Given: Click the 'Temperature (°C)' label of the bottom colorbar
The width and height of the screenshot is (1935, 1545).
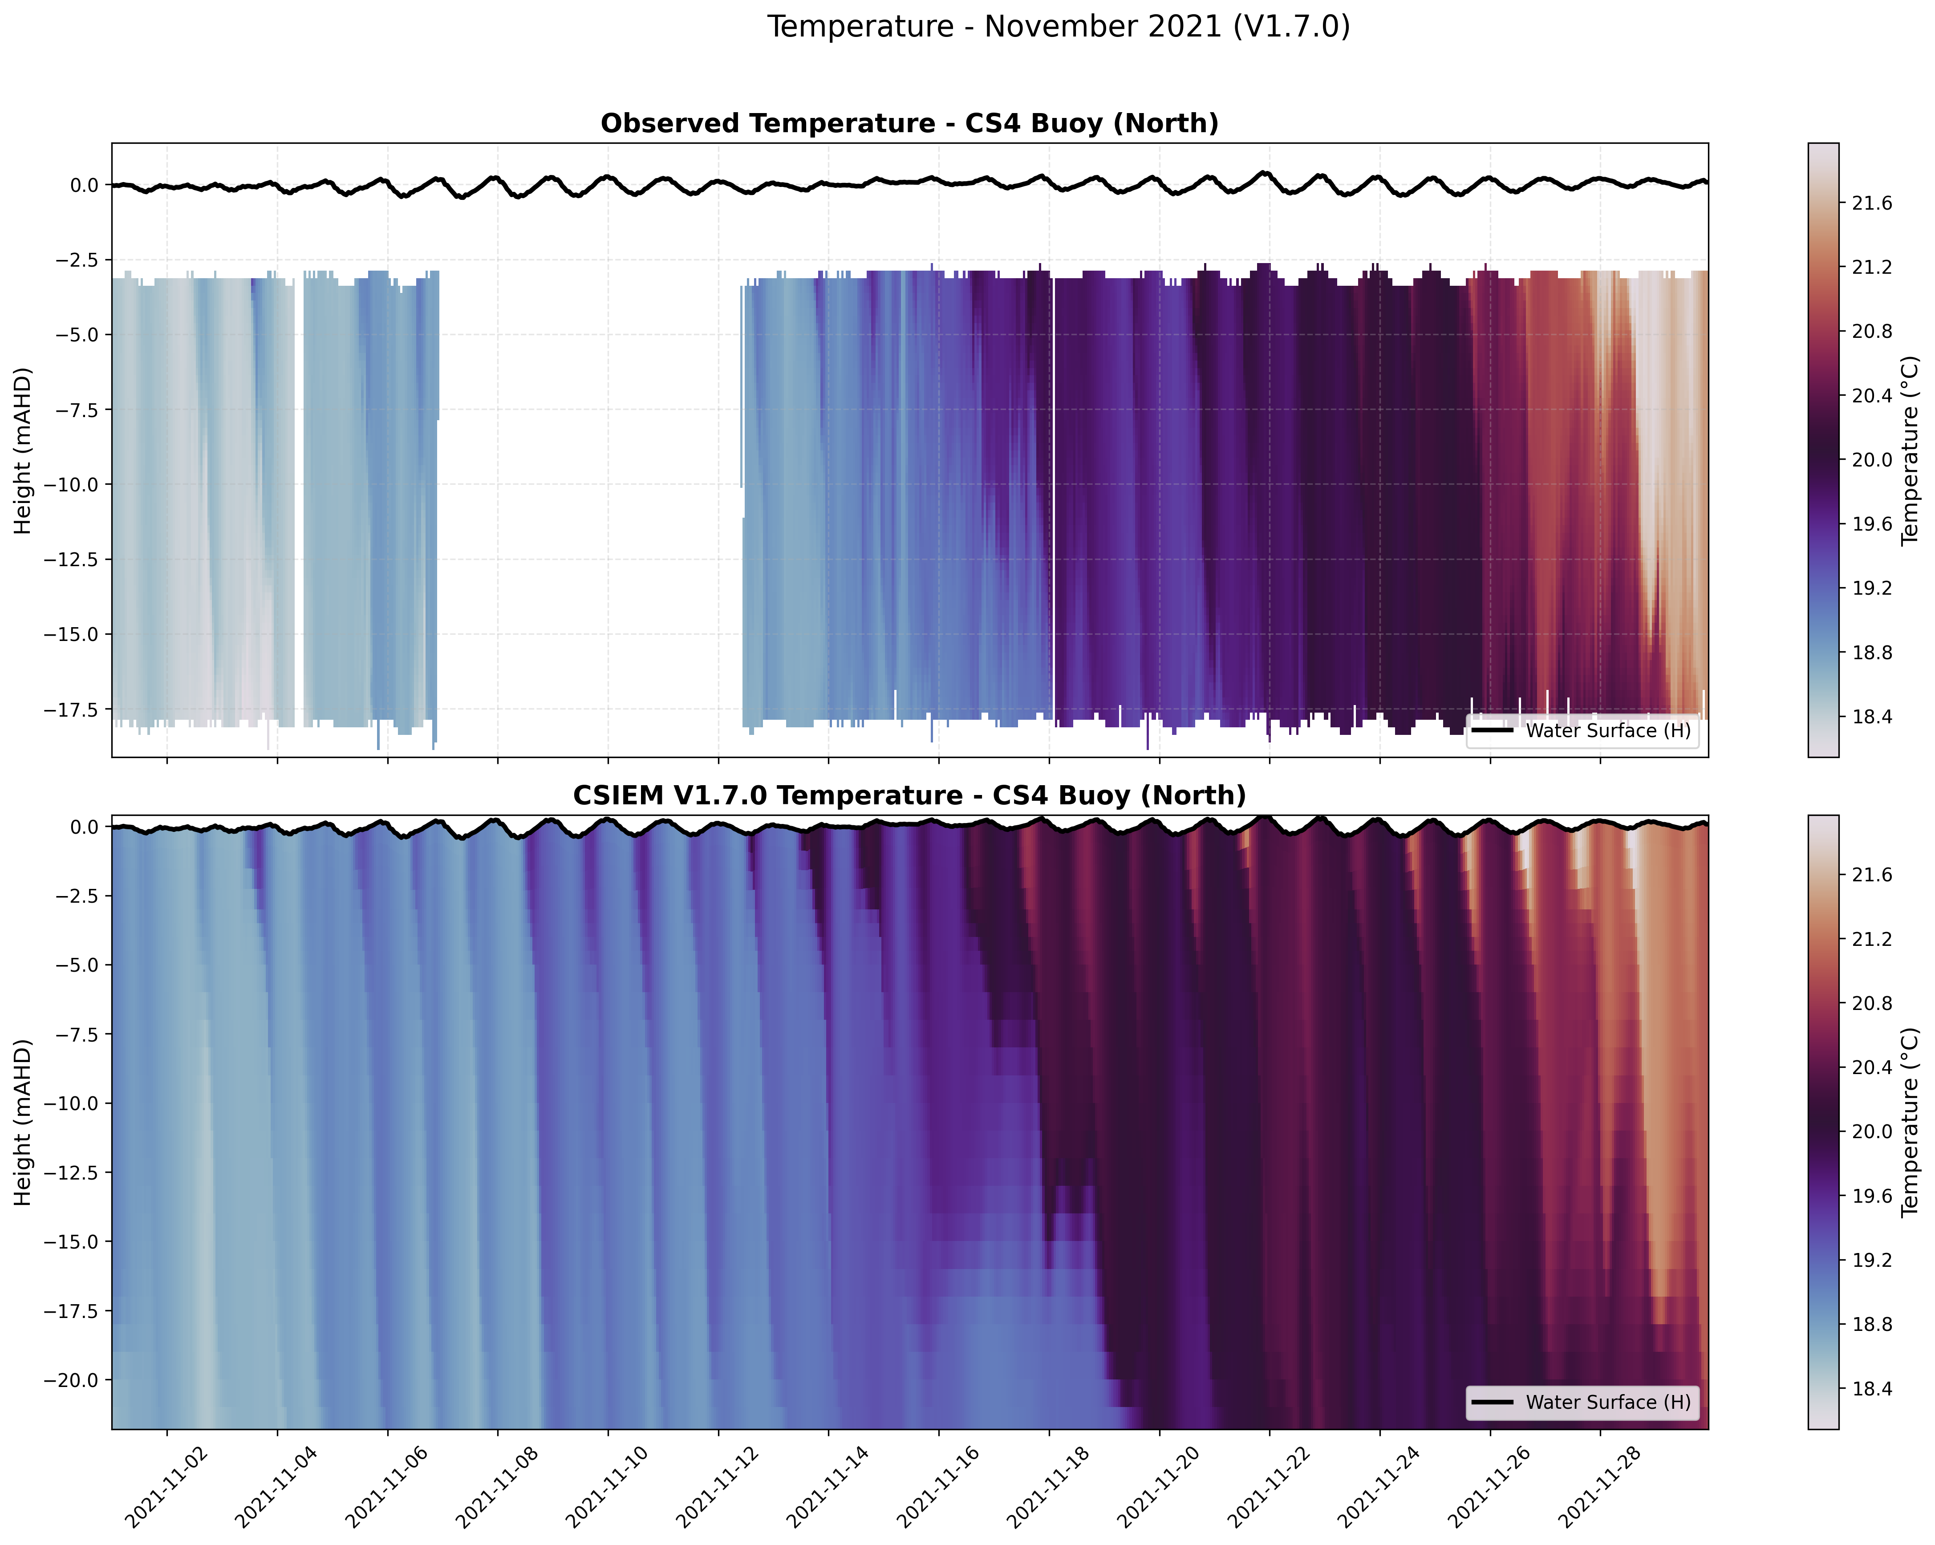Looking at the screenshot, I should click(1910, 1122).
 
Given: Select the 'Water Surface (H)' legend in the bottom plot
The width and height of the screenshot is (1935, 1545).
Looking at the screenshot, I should click(1582, 1403).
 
